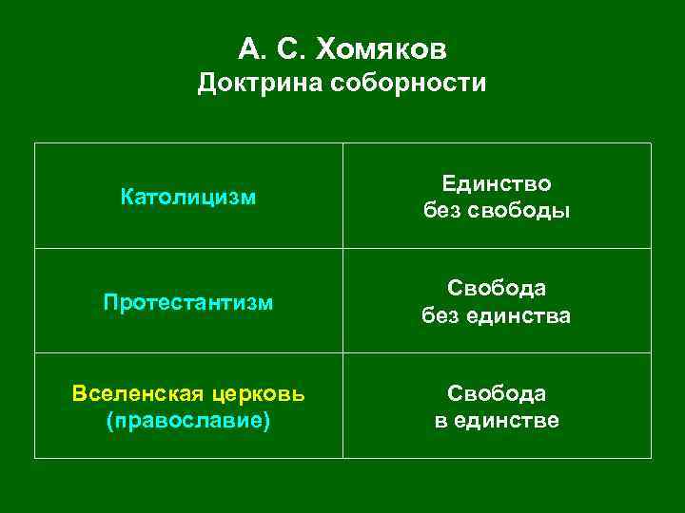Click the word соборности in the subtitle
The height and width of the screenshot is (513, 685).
tap(409, 84)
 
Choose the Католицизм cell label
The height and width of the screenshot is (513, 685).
tap(188, 197)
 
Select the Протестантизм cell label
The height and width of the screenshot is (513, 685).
tap(188, 302)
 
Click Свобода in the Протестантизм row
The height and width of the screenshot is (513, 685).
tap(497, 288)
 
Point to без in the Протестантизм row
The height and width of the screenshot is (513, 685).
tap(441, 315)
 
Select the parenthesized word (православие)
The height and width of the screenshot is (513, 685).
tap(188, 420)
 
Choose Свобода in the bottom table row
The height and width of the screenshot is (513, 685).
tap(497, 393)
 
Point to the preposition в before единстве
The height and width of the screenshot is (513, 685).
tap(440, 420)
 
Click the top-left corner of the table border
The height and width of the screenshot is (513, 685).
tap(35, 143)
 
